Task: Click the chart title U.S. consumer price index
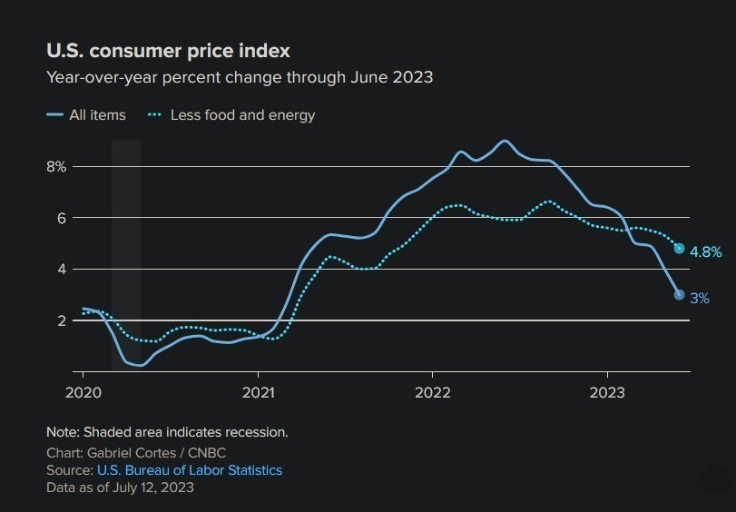pyautogui.click(x=168, y=51)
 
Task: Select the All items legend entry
pyautogui.click(x=97, y=115)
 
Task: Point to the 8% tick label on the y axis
pyautogui.click(x=57, y=167)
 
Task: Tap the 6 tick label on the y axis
pyautogui.click(x=62, y=218)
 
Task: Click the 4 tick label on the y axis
pyautogui.click(x=62, y=270)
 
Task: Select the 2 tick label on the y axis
pyautogui.click(x=62, y=320)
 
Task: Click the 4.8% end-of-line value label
pyautogui.click(x=705, y=251)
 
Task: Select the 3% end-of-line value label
pyautogui.click(x=699, y=298)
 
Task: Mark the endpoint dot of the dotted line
pyautogui.click(x=679, y=249)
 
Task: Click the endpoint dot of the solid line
pyautogui.click(x=679, y=294)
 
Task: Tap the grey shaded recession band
pyautogui.click(x=126, y=254)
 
